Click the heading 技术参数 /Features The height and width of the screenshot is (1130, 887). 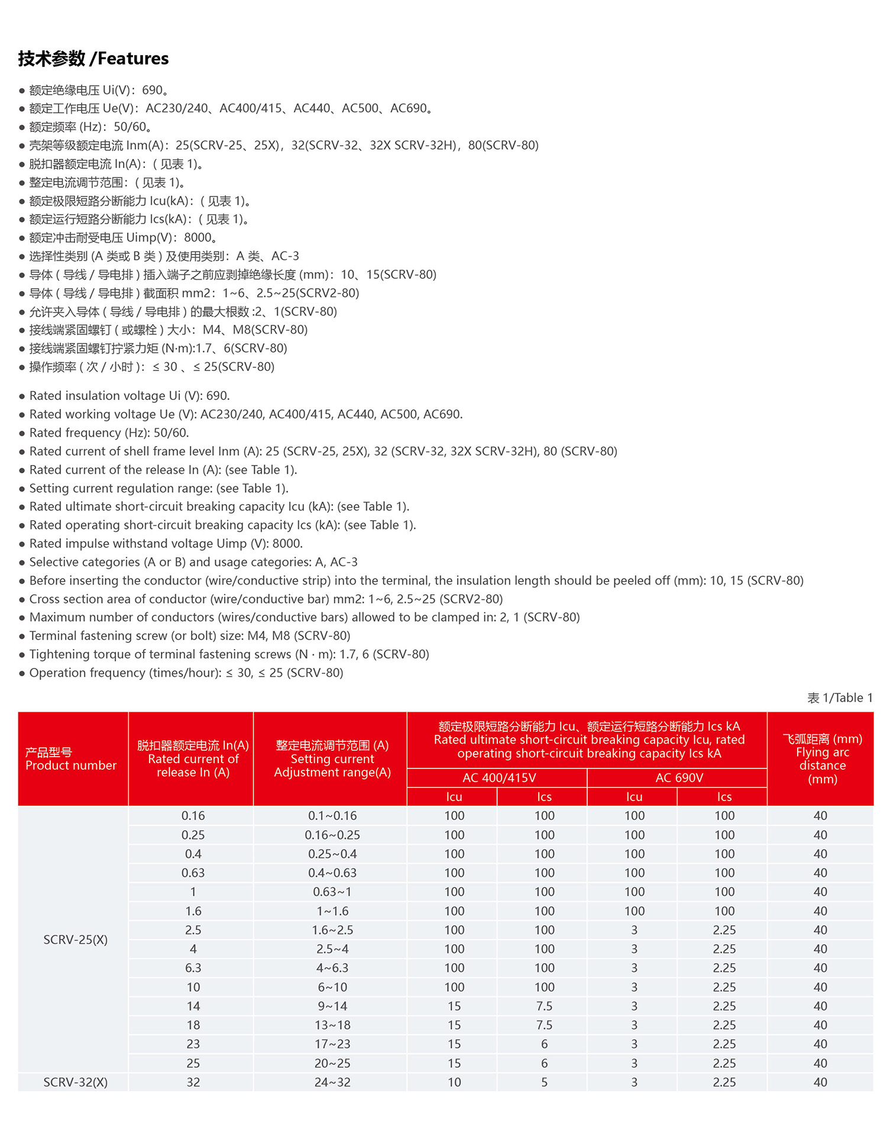coord(93,59)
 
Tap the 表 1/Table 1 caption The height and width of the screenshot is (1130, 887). coord(840,698)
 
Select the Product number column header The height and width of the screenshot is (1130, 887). coord(71,759)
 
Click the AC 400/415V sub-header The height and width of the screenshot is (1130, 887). coord(499,777)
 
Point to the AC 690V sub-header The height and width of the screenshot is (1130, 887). coord(679,777)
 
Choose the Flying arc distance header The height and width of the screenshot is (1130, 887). coord(822,759)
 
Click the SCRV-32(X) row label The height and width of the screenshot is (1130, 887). coord(76,1082)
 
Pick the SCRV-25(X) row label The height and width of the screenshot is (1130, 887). coord(76,939)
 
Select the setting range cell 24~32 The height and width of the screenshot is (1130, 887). coord(332,1082)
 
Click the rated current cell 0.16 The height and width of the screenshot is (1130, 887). coord(193,816)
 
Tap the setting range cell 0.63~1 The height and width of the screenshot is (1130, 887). coord(332,892)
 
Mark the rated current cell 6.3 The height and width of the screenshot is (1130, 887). coord(193,968)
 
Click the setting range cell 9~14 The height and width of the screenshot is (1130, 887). coord(332,1006)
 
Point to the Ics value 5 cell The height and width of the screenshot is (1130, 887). coord(544,1082)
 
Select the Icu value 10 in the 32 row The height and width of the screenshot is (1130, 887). coord(454,1082)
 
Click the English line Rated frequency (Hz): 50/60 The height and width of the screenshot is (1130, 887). coord(109,432)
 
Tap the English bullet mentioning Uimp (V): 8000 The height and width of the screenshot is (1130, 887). coord(166,543)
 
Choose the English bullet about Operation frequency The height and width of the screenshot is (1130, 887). coord(186,673)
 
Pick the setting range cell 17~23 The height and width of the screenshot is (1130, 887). coord(332,1044)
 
